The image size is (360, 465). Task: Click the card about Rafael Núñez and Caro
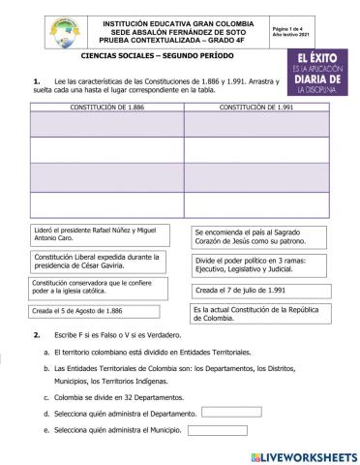(x=98, y=234)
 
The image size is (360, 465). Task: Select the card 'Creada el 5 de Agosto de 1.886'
(x=98, y=311)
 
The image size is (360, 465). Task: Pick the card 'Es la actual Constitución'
(x=252, y=312)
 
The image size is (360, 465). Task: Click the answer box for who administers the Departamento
(x=230, y=413)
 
